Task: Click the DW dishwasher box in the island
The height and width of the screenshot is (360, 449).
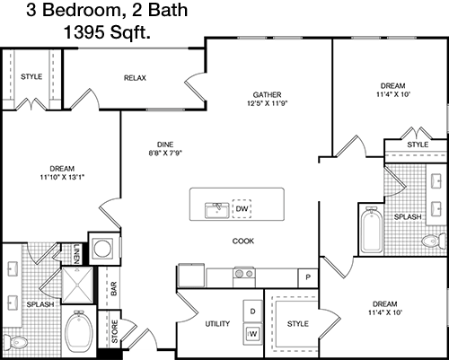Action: coord(242,208)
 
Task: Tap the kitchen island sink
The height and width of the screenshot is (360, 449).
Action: coord(217,210)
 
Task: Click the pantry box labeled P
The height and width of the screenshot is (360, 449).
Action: coord(308,277)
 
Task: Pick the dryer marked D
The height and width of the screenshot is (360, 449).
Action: coord(252,312)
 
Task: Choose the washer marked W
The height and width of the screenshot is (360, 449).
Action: coord(252,334)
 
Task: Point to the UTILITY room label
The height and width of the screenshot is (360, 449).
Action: coord(217,324)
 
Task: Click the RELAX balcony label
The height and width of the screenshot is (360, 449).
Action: coord(135,78)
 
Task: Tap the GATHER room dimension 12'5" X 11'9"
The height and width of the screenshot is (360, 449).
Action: coord(268,103)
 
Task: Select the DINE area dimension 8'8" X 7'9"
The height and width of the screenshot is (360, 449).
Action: coord(165,154)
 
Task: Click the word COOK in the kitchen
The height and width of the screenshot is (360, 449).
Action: coord(243,241)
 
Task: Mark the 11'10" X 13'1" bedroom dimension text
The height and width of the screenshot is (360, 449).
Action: coord(62,177)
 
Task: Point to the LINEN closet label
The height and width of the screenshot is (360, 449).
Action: coord(76,254)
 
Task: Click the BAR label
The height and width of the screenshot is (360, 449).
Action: coord(114,289)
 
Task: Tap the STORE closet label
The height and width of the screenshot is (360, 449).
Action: coord(115,331)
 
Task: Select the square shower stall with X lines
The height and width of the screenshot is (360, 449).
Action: coord(77,285)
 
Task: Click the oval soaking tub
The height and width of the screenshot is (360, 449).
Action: coord(79,329)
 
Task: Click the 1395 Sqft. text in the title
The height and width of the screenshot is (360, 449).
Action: coord(107,32)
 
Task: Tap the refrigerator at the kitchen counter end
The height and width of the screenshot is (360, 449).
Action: coord(191,276)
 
